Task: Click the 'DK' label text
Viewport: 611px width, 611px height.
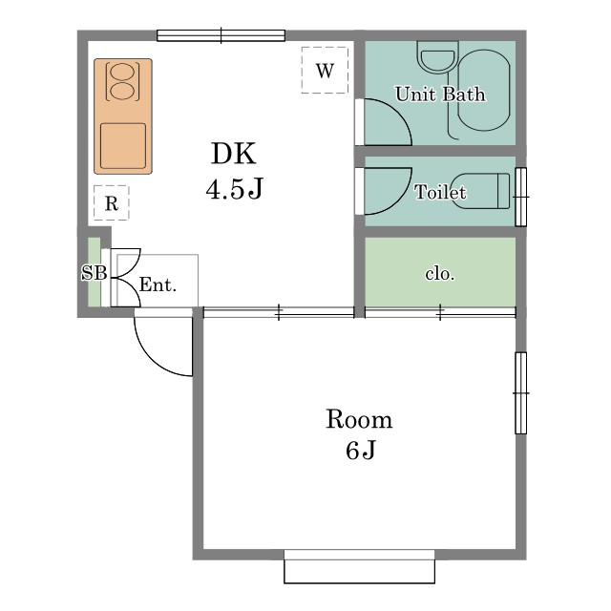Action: coord(234,154)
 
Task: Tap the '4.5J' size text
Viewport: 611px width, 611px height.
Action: coord(234,189)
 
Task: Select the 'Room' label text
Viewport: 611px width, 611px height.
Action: coord(359,419)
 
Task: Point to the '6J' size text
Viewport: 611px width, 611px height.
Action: coord(359,451)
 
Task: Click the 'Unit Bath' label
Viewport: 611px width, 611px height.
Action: coord(439,95)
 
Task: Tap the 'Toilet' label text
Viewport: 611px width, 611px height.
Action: coord(440,193)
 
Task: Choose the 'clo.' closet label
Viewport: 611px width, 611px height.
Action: coord(439,274)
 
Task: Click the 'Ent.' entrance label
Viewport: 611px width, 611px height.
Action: coord(158,284)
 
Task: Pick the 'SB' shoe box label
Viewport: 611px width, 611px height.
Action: coord(93,273)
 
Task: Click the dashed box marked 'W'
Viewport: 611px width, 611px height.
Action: coord(325,71)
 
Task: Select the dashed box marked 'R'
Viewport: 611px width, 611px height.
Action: coord(111,203)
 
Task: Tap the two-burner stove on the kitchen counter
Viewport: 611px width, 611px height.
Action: coord(123,82)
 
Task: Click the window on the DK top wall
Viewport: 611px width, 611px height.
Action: coord(221,36)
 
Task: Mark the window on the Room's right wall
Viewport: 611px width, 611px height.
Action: coord(520,392)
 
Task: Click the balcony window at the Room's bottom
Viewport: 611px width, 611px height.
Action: coord(359,567)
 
